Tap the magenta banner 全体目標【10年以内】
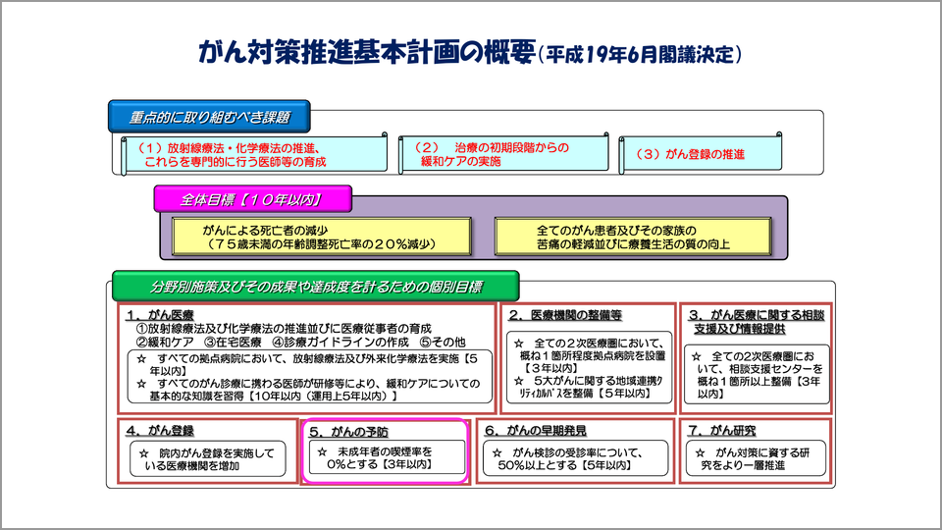pyautogui.click(x=252, y=199)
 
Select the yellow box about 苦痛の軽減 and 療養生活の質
pyautogui.click(x=633, y=236)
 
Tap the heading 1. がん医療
pyautogui.click(x=159, y=314)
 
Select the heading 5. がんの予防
pyautogui.click(x=348, y=431)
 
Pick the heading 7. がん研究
pyautogui.click(x=721, y=430)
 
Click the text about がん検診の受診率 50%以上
pyautogui.click(x=576, y=458)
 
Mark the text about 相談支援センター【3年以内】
pyautogui.click(x=755, y=374)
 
